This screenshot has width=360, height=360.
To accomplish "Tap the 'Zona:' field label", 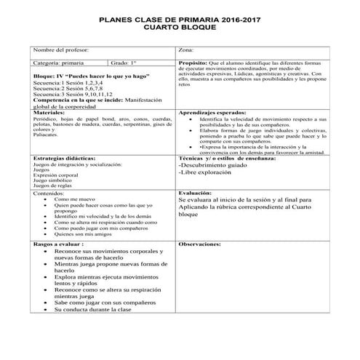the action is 186,49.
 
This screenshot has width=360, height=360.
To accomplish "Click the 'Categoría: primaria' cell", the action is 59,64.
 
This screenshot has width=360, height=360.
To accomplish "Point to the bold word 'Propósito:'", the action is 193,64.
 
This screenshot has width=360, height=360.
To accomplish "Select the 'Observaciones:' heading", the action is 200,245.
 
